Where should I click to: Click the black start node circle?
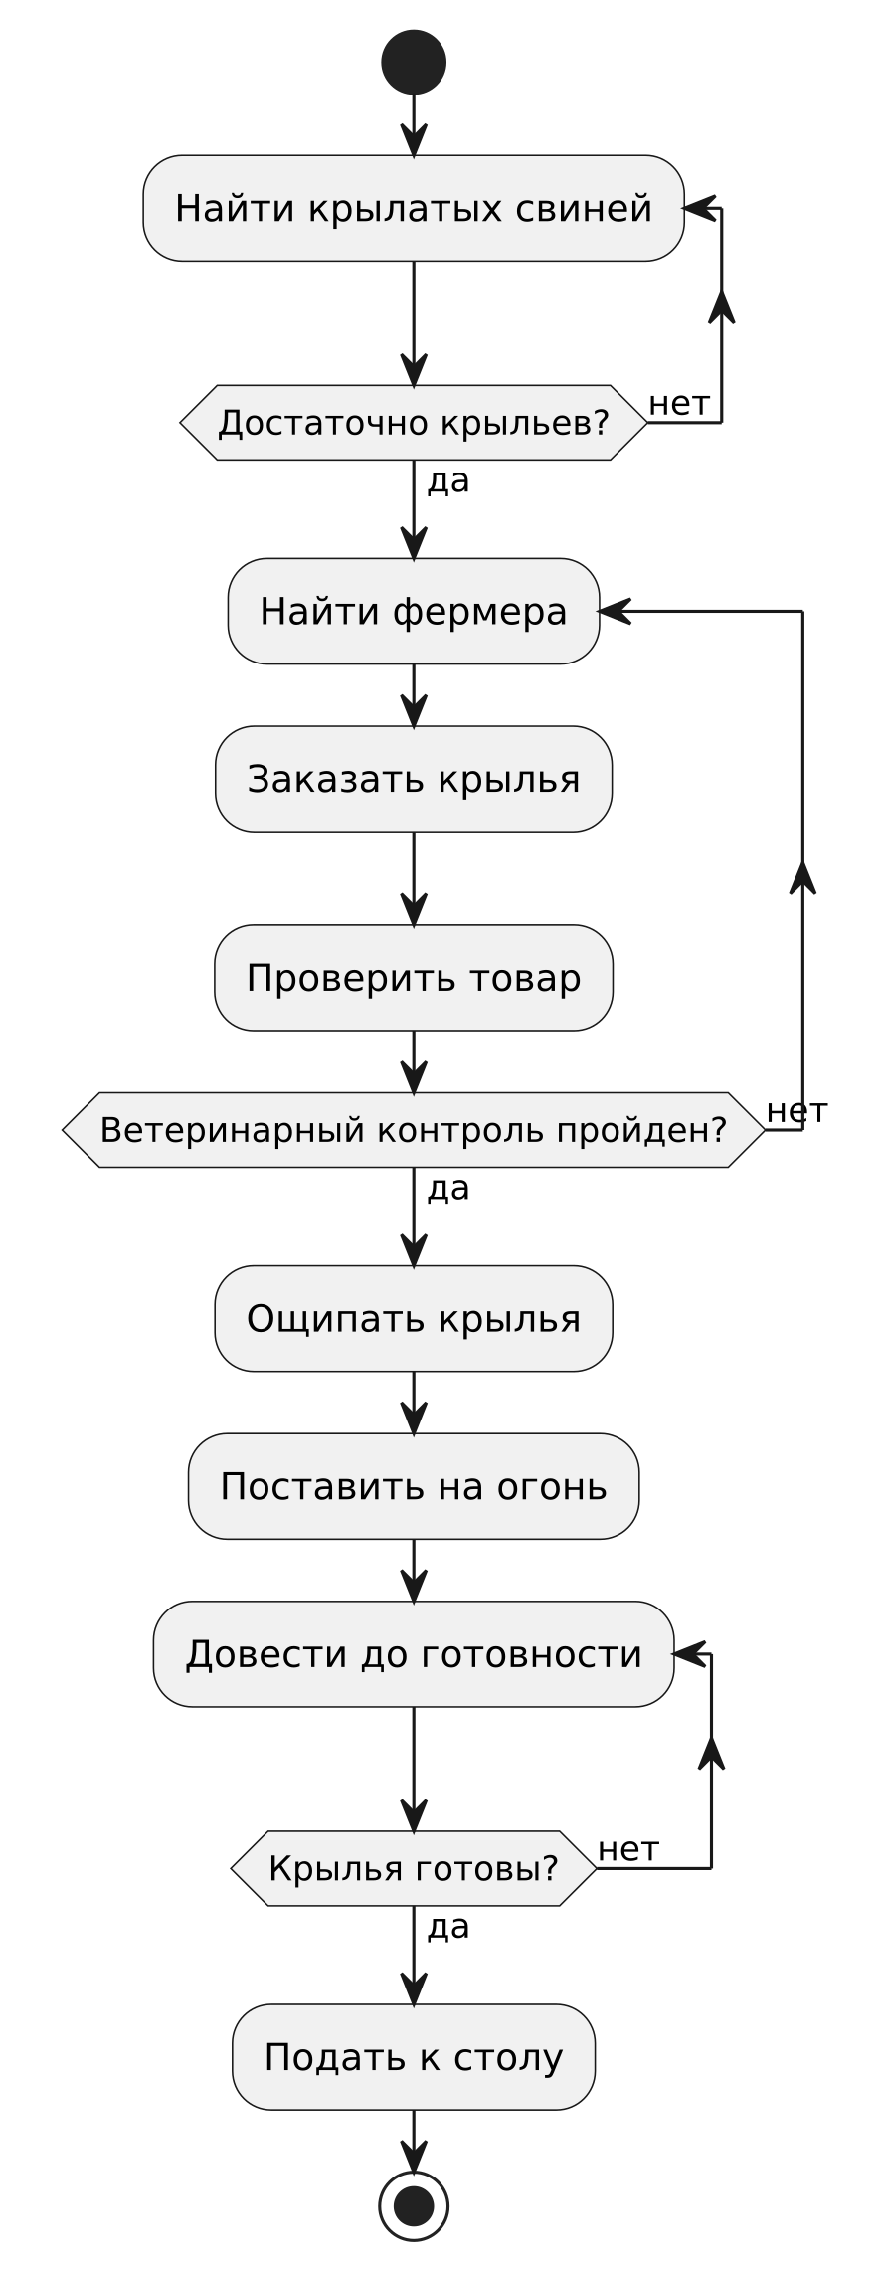pos(414,62)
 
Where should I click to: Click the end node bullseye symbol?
pos(414,2205)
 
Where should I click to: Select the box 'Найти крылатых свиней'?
pos(414,208)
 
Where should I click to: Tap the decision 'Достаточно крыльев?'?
pos(414,423)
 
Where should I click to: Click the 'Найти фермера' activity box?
pos(414,611)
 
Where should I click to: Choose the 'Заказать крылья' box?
pos(414,779)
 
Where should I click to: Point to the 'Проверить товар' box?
pos(414,978)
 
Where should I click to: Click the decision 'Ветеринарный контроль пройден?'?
pos(414,1130)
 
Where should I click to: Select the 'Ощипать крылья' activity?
pos(414,1318)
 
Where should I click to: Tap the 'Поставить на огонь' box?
pos(414,1486)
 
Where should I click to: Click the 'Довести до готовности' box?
pos(414,1654)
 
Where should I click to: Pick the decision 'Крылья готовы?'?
pos(414,1868)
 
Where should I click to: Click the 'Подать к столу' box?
pos(414,2056)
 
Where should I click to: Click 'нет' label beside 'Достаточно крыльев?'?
pos(679,404)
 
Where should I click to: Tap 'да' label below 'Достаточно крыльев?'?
pos(447,482)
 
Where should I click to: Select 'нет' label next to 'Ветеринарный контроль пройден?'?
pos(797,1111)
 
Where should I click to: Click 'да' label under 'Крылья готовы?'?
pos(447,1928)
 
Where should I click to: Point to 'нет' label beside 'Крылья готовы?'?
pos(628,1850)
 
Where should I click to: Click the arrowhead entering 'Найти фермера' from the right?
pos(616,611)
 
